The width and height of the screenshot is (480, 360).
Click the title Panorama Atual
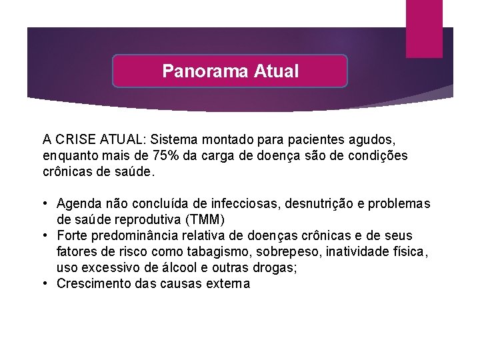pos(230,71)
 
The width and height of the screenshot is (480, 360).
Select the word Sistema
pos(173,140)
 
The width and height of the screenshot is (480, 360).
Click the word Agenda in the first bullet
pos(79,203)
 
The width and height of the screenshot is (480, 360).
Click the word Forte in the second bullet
pos(72,235)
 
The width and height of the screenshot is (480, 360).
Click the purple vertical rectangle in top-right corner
pos(424,28)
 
